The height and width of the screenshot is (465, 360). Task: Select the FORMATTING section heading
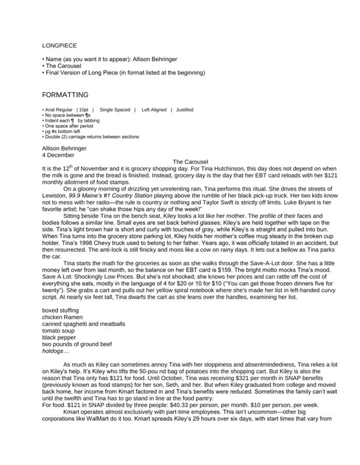[x=66, y=94]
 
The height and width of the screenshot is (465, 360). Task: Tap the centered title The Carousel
[x=191, y=160]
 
